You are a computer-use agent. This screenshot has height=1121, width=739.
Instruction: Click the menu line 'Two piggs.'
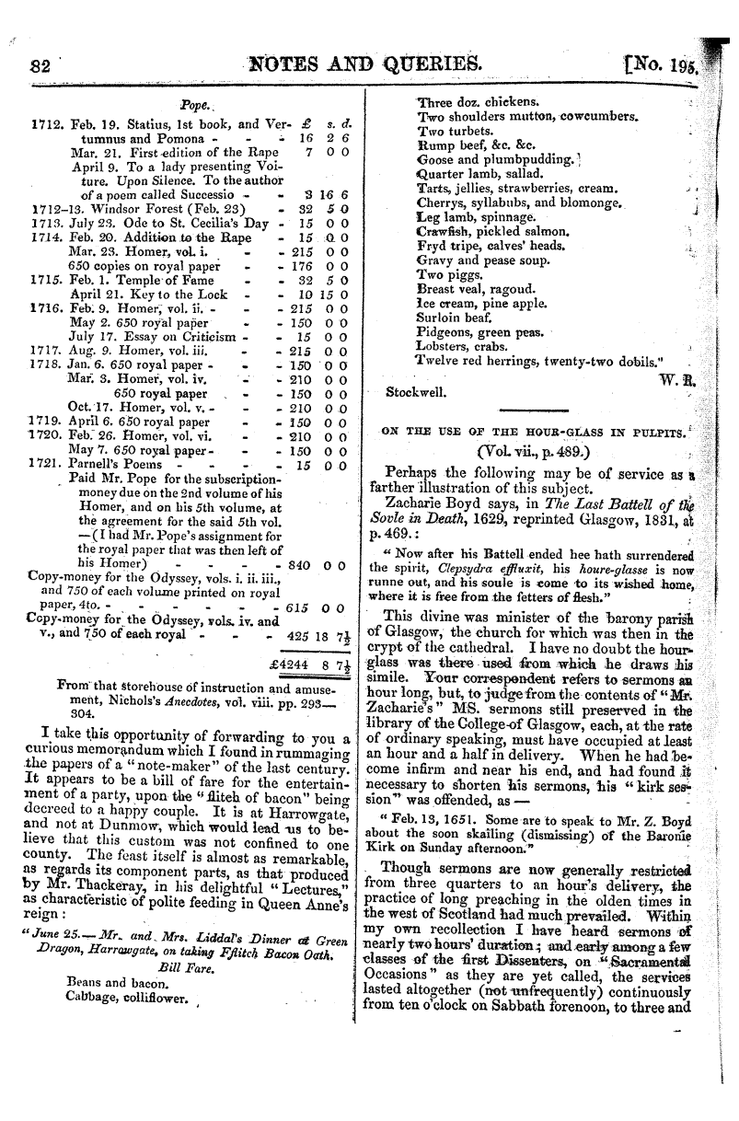click(445, 274)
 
